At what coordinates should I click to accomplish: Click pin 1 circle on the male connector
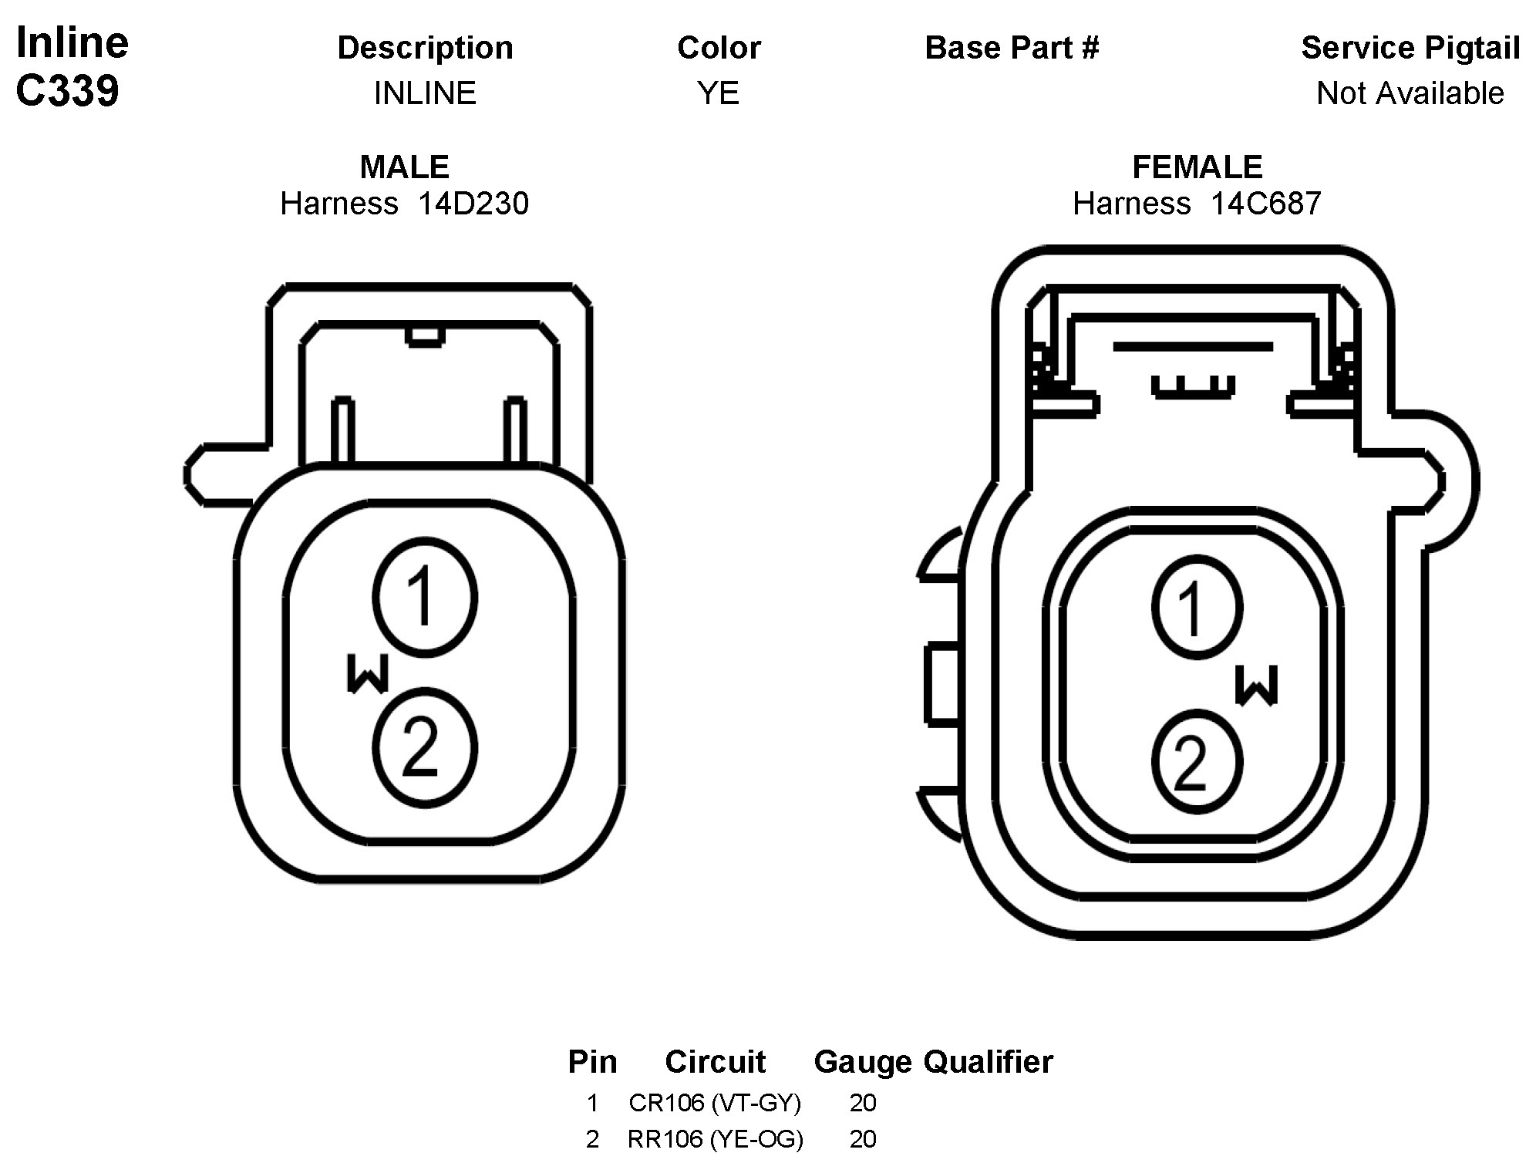(425, 598)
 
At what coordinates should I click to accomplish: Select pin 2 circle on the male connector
(425, 747)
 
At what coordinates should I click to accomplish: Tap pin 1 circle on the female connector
(1197, 608)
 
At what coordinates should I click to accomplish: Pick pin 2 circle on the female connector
(1197, 762)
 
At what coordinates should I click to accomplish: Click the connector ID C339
(67, 91)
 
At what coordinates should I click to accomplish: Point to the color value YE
(718, 93)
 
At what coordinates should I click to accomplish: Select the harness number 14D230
(473, 204)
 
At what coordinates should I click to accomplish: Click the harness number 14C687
(1265, 204)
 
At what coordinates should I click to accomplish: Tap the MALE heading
(404, 167)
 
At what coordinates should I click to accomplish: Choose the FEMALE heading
(1197, 167)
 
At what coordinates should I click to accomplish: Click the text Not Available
(1410, 93)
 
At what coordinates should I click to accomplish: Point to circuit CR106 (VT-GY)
(715, 1103)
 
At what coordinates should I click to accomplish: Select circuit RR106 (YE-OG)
(715, 1139)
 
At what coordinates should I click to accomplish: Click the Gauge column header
(862, 1062)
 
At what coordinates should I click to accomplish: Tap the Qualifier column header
(988, 1062)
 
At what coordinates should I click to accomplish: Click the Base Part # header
(1012, 48)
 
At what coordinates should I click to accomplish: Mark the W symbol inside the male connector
(368, 673)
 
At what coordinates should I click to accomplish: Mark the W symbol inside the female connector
(1256, 686)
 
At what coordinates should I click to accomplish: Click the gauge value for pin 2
(862, 1139)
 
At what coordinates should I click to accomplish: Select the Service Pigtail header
(1410, 48)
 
